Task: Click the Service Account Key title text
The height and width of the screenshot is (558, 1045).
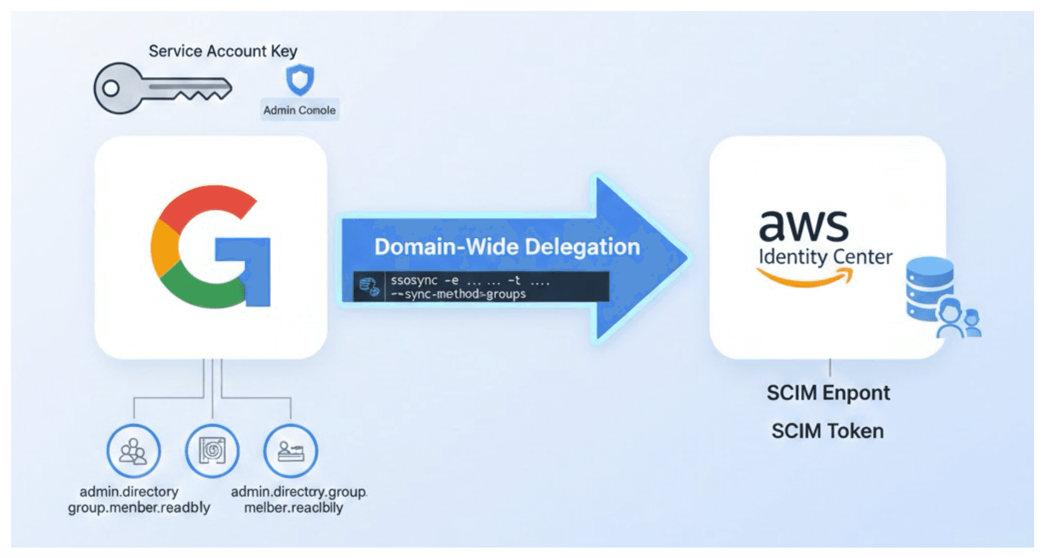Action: (223, 51)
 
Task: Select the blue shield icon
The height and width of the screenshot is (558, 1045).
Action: (300, 80)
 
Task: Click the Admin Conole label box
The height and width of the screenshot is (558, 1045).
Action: (299, 110)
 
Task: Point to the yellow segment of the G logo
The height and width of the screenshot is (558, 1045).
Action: (164, 249)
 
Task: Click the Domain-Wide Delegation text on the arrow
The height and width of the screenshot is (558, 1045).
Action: (507, 247)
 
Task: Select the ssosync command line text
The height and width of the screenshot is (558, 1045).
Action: (470, 281)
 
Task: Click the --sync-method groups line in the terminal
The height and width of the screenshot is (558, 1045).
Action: (458, 294)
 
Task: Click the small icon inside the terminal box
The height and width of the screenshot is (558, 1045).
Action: (369, 287)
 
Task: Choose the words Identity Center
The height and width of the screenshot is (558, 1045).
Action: (825, 257)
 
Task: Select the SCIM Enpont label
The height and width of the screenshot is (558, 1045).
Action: (828, 393)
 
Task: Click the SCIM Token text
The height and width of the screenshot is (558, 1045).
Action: (827, 431)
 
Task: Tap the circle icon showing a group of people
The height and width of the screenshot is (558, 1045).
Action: (134, 451)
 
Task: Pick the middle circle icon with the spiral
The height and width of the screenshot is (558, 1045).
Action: (212, 451)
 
